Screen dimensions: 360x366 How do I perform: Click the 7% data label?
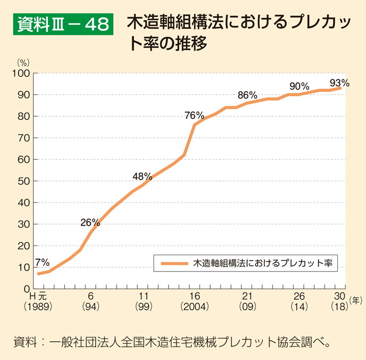(42, 262)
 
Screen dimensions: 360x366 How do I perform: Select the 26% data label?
(90, 223)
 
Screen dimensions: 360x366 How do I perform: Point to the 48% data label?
(143, 176)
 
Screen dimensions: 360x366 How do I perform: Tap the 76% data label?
(194, 115)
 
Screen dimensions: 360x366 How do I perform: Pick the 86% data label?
(247, 95)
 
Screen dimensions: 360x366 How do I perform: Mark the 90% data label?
(300, 86)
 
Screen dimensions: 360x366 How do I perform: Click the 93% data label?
(339, 83)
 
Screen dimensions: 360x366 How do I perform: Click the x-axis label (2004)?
(194, 307)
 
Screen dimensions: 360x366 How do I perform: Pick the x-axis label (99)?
(143, 307)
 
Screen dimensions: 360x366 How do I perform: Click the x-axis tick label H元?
(38, 297)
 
